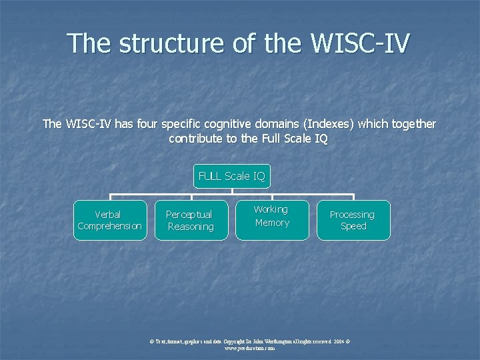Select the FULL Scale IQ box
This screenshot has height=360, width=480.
(x=232, y=176)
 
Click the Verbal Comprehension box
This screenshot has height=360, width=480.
(x=110, y=220)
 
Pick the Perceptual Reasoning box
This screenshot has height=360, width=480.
(x=190, y=220)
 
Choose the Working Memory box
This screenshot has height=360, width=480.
(x=272, y=217)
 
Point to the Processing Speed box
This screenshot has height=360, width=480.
(x=353, y=220)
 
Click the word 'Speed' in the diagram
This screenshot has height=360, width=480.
(x=353, y=227)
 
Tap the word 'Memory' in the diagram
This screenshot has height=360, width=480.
(x=272, y=223)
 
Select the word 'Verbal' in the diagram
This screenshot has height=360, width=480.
(x=109, y=215)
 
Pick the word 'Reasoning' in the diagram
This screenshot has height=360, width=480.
(x=190, y=227)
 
